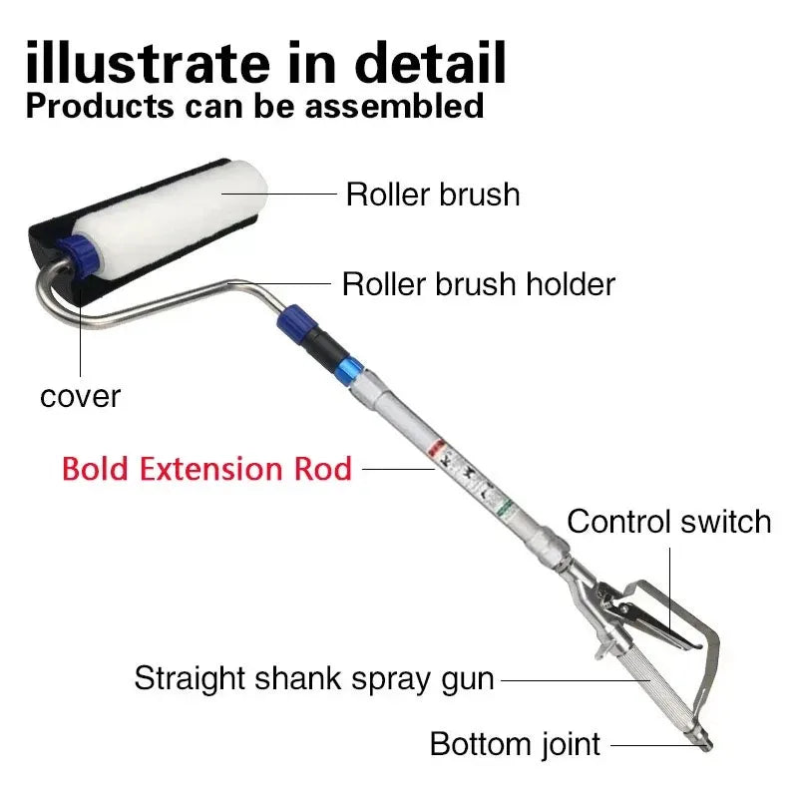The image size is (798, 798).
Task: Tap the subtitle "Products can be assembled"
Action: (255, 105)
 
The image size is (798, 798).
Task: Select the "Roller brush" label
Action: (433, 194)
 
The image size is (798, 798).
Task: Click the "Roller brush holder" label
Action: (479, 284)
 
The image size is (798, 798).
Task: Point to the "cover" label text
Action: (80, 396)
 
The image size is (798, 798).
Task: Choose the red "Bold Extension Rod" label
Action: (207, 468)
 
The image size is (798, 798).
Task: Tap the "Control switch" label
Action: (669, 521)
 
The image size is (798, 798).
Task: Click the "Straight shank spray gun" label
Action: (314, 679)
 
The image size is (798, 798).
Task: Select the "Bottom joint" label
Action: (515, 743)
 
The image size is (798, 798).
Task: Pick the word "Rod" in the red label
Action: (321, 468)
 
